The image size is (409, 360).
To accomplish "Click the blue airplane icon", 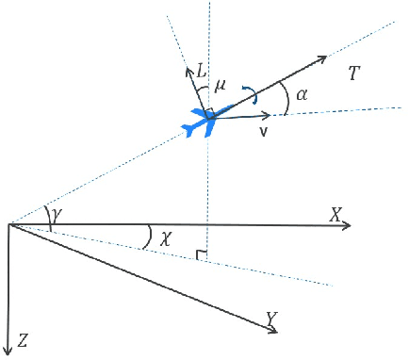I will tap(202, 121).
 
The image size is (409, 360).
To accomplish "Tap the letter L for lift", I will tap(201, 71).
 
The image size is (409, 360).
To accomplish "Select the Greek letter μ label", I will tap(221, 86).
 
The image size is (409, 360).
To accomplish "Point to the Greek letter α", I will tap(302, 94).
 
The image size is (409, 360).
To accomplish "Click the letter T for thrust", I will tap(353, 73).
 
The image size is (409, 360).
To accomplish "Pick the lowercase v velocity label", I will tap(264, 131).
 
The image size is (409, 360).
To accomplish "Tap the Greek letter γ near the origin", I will tap(57, 216).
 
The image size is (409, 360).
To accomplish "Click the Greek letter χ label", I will tap(167, 239).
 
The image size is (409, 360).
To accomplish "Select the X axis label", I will tap(335, 215).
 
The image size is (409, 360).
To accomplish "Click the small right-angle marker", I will tap(201, 254).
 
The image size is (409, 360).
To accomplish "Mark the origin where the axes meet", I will tap(8, 224).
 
